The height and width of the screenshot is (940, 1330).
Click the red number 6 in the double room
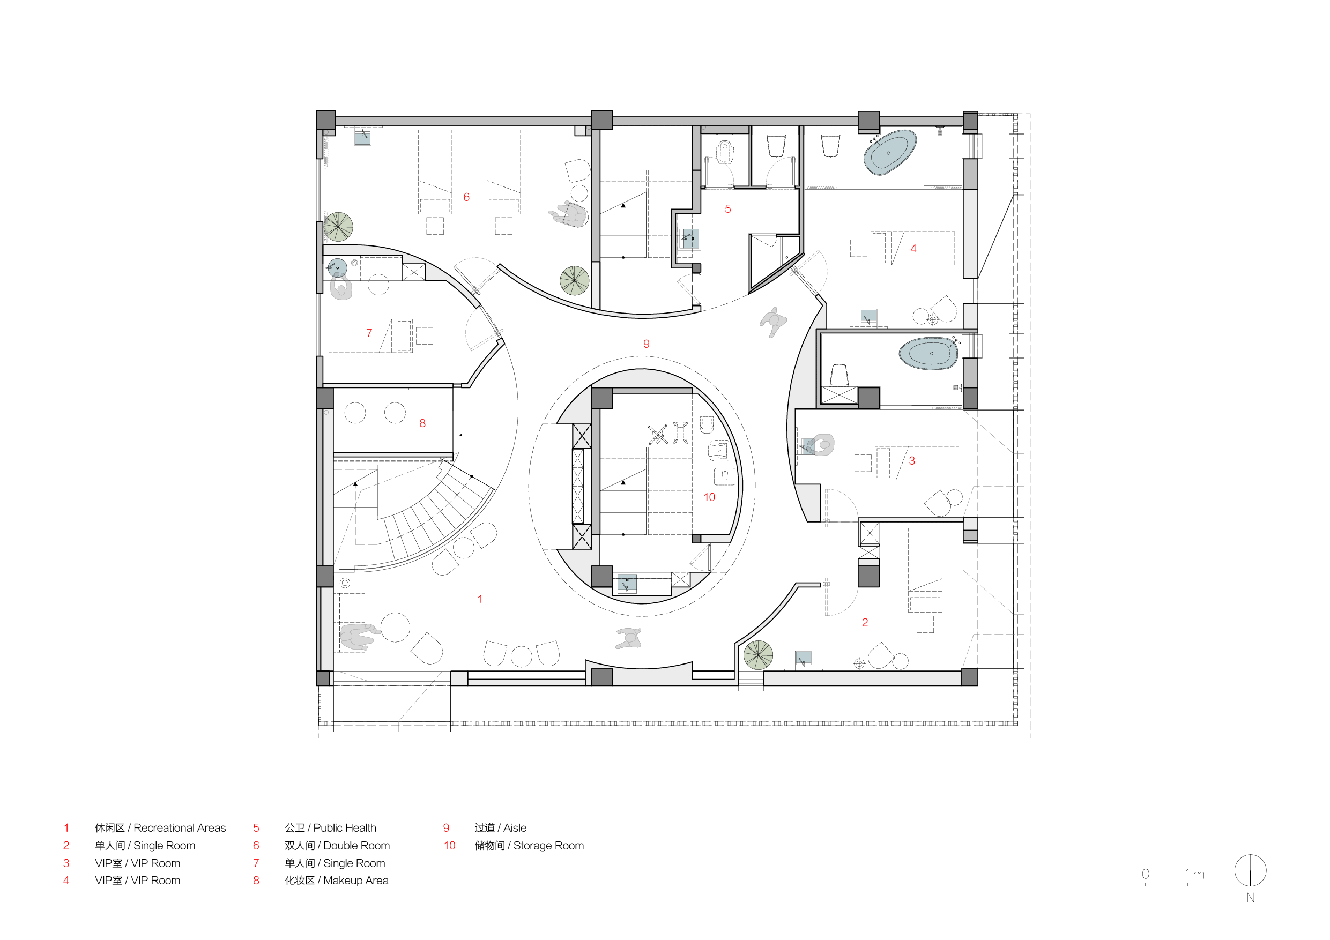[466, 197]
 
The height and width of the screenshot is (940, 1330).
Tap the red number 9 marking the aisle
[647, 344]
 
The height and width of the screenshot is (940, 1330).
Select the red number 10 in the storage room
[710, 497]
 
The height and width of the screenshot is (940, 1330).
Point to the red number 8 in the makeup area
[423, 423]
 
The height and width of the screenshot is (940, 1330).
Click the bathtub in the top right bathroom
[890, 152]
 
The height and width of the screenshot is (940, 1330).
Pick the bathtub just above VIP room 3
[928, 353]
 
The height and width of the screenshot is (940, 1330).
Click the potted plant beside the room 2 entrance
[758, 655]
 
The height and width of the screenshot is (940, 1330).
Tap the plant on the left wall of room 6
[338, 227]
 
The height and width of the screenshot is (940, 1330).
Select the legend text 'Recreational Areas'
[180, 827]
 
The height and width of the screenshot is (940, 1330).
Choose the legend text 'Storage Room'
[548, 846]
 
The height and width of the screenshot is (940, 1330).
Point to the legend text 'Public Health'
[345, 827]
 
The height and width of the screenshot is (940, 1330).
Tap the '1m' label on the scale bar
[1194, 874]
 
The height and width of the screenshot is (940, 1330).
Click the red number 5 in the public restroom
[728, 209]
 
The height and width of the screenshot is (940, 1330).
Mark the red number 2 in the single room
[865, 623]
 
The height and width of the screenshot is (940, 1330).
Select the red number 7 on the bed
[369, 333]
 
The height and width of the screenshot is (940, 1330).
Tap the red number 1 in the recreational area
[480, 599]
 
